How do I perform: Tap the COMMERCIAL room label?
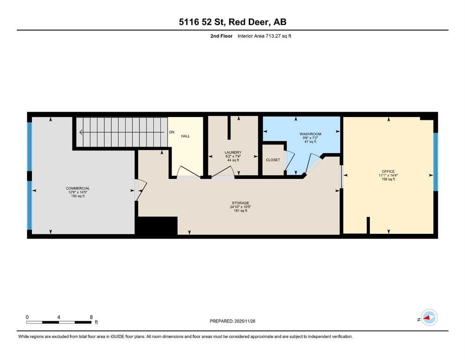coord(78,188)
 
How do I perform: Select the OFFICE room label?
coord(388,172)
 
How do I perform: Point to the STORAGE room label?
coord(239,203)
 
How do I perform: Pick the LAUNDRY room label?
coord(233,152)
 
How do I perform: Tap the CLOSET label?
coord(273,160)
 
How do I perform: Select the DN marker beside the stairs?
coord(172,133)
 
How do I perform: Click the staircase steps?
coord(121,132)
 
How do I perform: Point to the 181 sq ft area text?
coord(239,211)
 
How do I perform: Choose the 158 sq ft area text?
coord(388,180)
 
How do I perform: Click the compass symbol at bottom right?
coord(428,317)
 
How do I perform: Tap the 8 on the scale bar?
coord(90,317)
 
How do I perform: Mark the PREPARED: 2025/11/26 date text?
coord(232,321)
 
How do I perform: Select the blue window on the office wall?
coord(435,162)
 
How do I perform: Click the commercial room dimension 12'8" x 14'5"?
coord(78,192)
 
